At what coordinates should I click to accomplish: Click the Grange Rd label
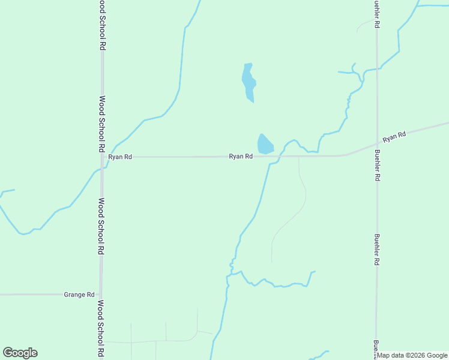click(79, 295)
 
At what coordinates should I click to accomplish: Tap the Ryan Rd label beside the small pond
click(240, 157)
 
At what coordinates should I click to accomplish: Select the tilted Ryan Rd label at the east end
click(394, 137)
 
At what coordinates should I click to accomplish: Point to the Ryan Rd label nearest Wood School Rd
click(119, 157)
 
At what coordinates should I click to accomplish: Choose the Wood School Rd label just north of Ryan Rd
click(102, 124)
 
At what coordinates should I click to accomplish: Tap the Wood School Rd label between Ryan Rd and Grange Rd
click(101, 226)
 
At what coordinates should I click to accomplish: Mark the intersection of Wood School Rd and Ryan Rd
click(102, 157)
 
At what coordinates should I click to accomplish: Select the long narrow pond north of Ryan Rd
click(249, 82)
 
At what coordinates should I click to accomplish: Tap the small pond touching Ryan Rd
click(265, 145)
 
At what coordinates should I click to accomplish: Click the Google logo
click(20, 353)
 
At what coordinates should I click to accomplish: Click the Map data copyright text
click(412, 355)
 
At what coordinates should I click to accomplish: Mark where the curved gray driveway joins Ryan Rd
click(299, 156)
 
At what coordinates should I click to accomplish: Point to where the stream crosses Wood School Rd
click(102, 169)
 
